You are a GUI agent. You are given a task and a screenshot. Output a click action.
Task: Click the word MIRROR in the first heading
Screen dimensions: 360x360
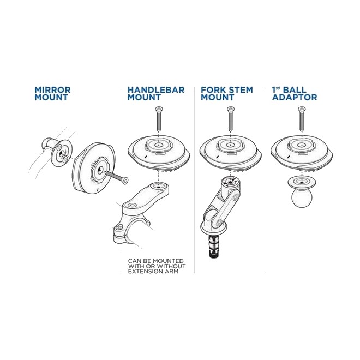pyautogui.click(x=52, y=89)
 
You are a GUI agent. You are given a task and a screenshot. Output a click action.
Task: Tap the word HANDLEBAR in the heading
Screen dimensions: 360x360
pyautogui.click(x=156, y=89)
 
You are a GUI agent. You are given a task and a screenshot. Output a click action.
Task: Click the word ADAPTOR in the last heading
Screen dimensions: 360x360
pyautogui.click(x=295, y=98)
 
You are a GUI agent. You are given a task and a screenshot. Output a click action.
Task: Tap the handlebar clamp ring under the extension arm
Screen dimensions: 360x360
pyautogui.click(x=127, y=235)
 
